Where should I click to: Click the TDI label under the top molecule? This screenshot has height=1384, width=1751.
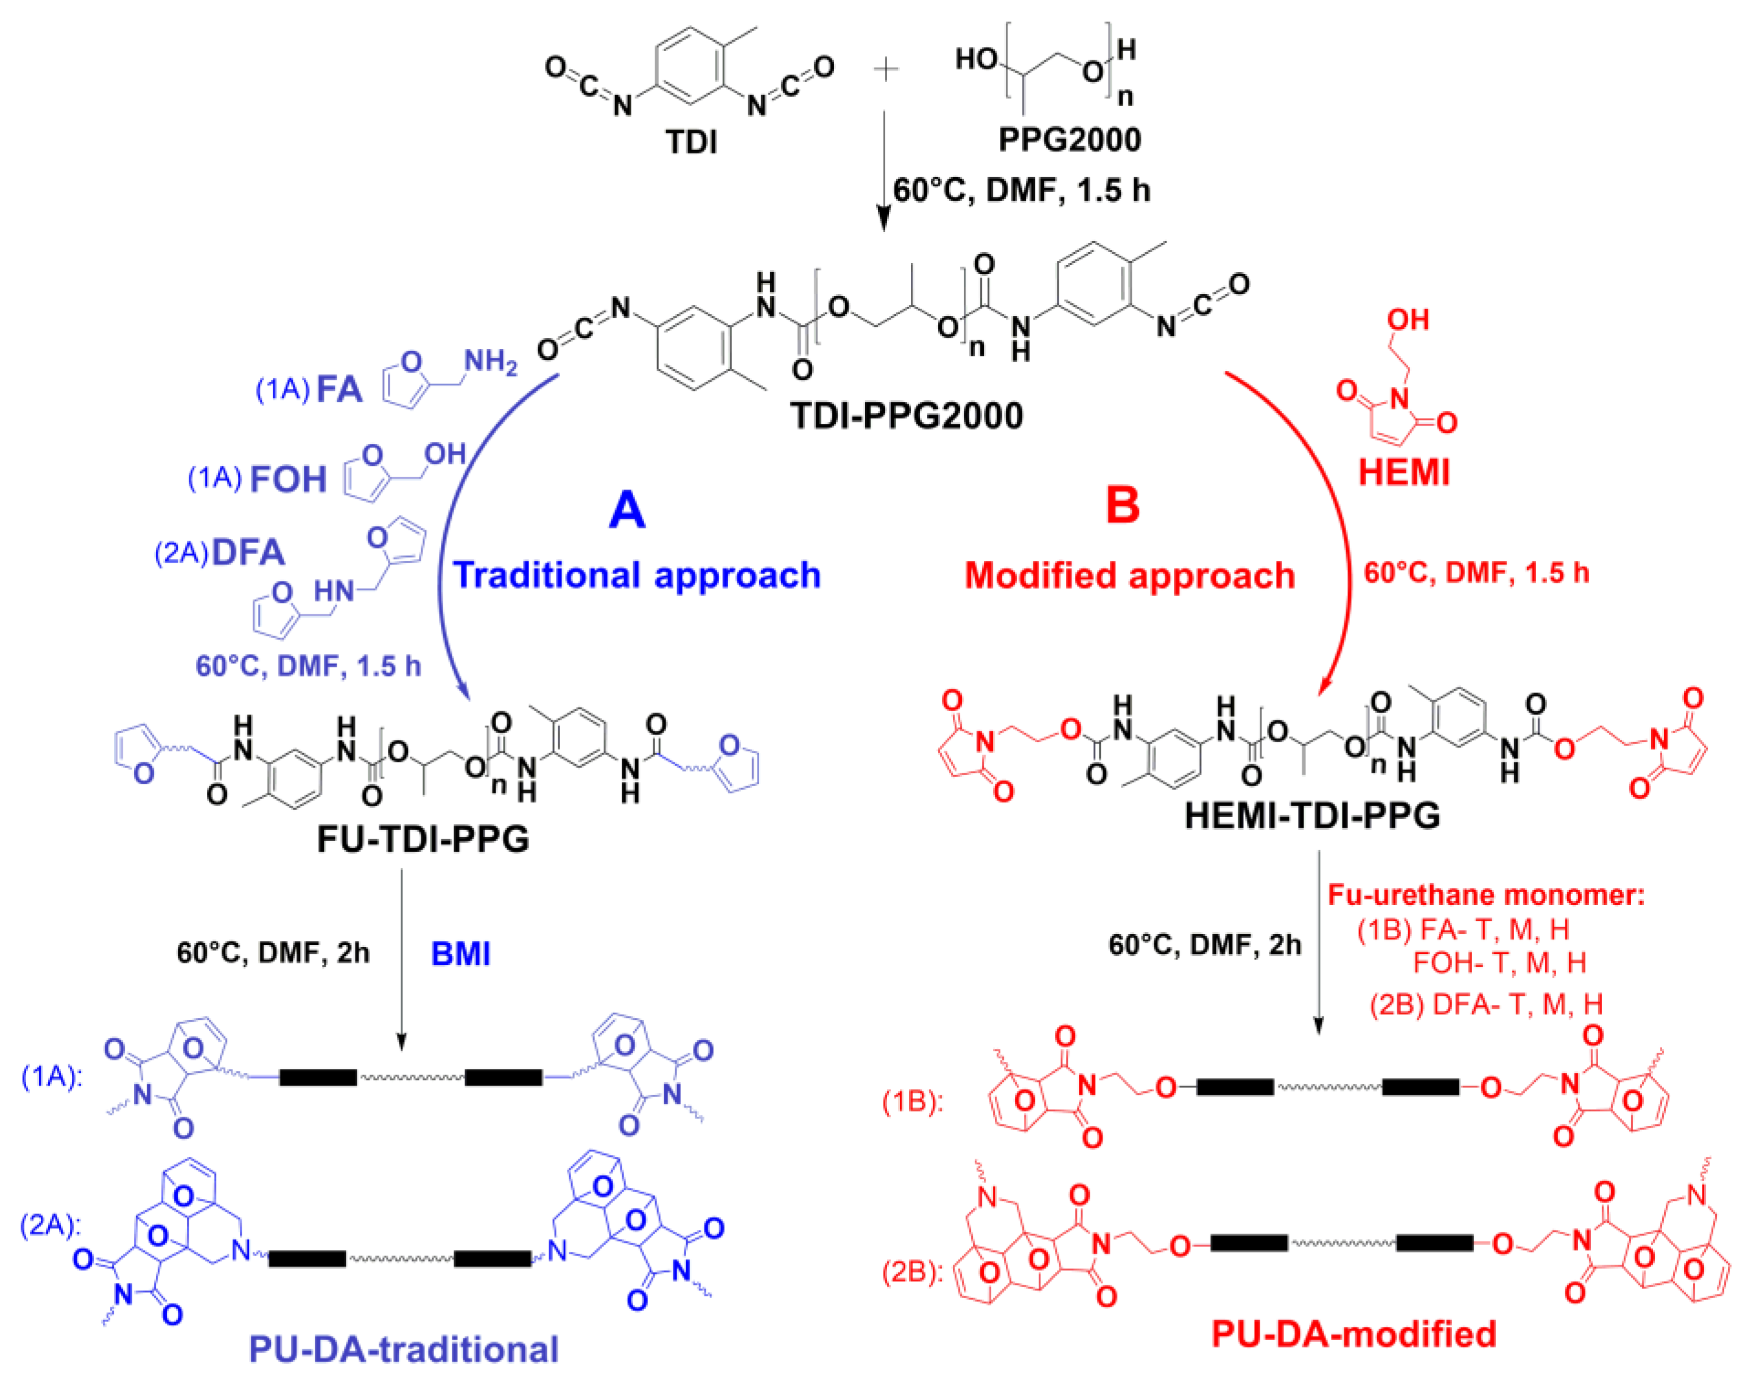pyautogui.click(x=691, y=142)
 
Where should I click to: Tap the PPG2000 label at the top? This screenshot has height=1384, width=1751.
pyautogui.click(x=1070, y=140)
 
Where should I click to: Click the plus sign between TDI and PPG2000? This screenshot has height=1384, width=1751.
pyautogui.click(x=886, y=71)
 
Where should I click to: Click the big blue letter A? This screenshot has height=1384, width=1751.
pyautogui.click(x=627, y=510)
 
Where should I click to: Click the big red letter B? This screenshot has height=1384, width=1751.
pyautogui.click(x=1123, y=505)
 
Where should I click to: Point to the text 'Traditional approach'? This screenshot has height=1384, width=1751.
pyautogui.click(x=637, y=575)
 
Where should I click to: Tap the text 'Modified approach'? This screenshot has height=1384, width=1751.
pyautogui.click(x=1129, y=576)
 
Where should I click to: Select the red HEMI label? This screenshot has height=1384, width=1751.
pyautogui.click(x=1404, y=472)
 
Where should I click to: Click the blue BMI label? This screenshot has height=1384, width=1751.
pyautogui.click(x=460, y=954)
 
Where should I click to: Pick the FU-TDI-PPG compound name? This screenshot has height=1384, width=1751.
pyautogui.click(x=423, y=838)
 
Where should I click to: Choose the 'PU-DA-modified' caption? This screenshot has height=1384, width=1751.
pyautogui.click(x=1353, y=1333)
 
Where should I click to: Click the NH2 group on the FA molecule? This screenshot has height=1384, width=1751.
pyautogui.click(x=490, y=362)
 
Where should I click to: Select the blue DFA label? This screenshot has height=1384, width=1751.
pyautogui.click(x=248, y=553)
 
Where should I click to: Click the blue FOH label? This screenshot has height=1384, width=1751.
pyautogui.click(x=287, y=480)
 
